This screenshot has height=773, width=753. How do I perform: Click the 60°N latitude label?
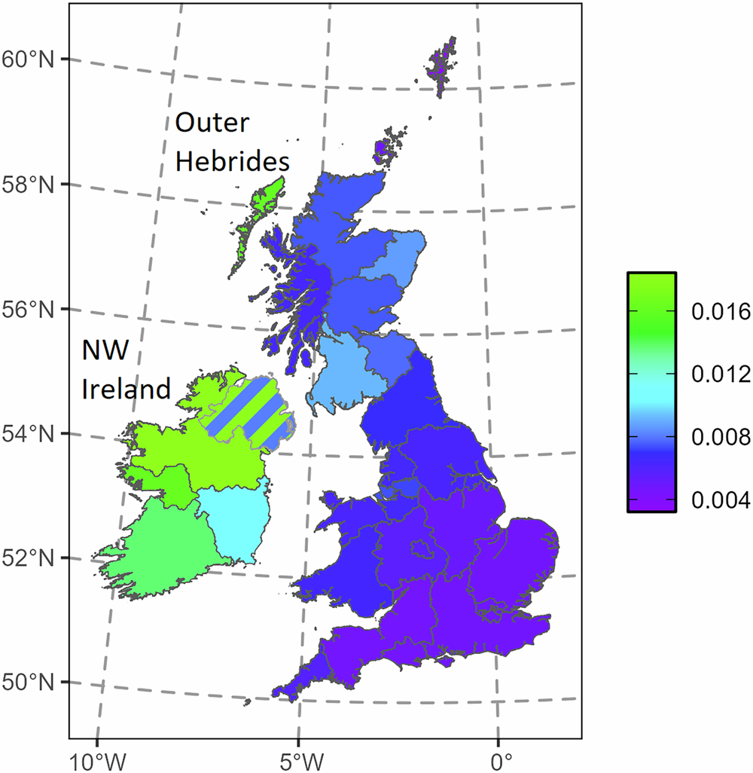[x=29, y=59]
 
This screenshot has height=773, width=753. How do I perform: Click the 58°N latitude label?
[x=29, y=184]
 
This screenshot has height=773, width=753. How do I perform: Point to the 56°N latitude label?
[x=29, y=309]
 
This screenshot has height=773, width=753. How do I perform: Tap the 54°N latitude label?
[x=29, y=434]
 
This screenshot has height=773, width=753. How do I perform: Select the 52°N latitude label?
[x=29, y=558]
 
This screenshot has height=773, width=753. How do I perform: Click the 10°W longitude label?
[x=97, y=756]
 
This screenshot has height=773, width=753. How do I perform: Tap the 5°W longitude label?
[x=298, y=756]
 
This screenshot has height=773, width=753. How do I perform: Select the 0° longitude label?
[x=498, y=756]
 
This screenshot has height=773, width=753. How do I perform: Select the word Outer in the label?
[x=212, y=123]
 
